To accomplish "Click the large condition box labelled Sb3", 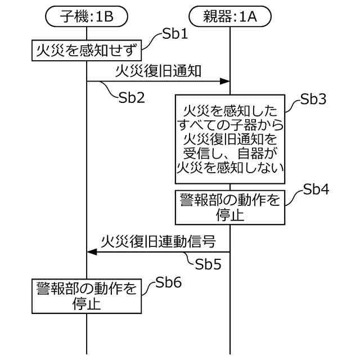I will pos(229,138).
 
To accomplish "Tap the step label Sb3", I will pos(313,100).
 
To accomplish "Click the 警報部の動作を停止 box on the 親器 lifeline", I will pos(229,206).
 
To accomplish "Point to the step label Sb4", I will pos(315,189).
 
